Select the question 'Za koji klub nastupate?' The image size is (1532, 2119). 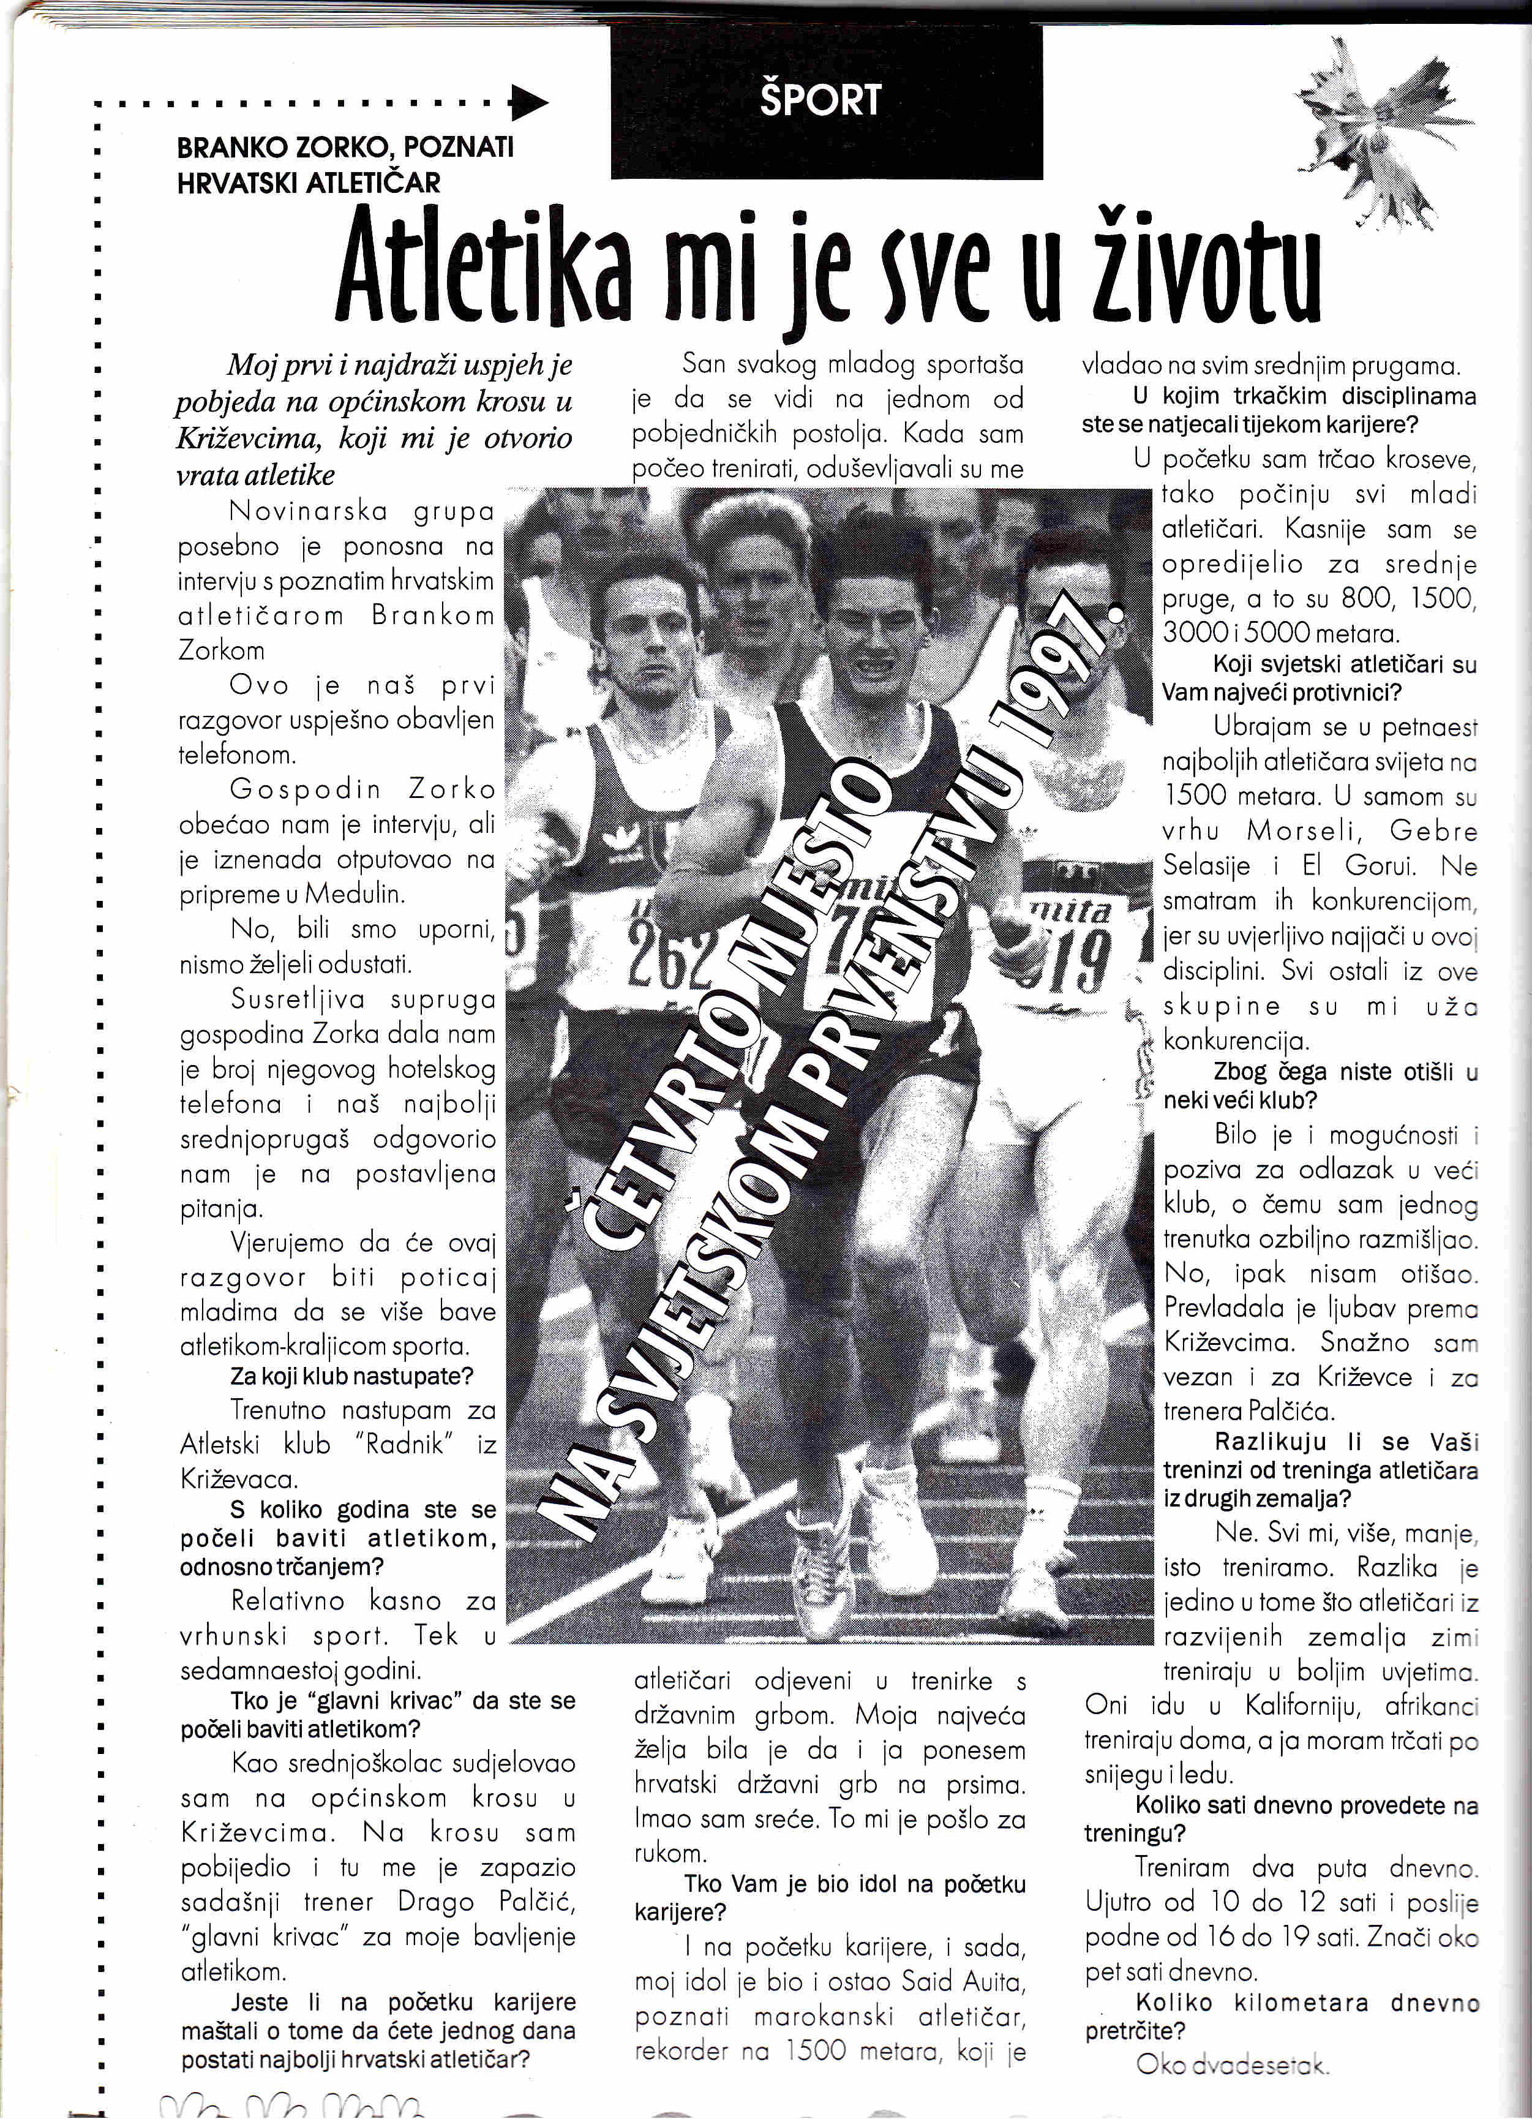pos(352,1376)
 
